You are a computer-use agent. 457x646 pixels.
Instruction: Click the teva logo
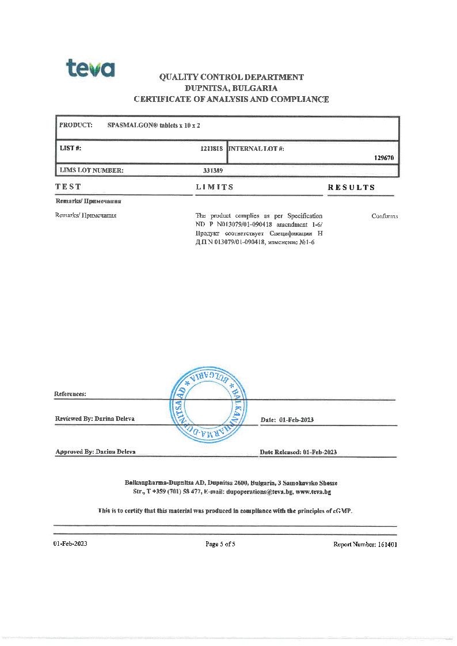click(x=90, y=68)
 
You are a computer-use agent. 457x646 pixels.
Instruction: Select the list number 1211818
click(x=211, y=149)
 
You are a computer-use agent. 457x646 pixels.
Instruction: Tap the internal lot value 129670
click(x=384, y=158)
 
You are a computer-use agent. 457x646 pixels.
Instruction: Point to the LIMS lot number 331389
click(x=213, y=170)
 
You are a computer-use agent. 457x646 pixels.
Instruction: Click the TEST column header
click(x=68, y=187)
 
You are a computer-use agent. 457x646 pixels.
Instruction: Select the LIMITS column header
click(x=215, y=187)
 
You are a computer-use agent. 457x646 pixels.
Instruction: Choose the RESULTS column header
click(x=351, y=187)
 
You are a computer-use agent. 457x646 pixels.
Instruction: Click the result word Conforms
click(x=384, y=216)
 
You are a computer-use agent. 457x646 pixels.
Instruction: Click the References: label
click(x=70, y=394)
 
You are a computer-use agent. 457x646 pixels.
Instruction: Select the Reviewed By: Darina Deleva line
click(x=95, y=419)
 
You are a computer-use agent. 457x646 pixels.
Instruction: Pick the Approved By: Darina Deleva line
click(x=96, y=452)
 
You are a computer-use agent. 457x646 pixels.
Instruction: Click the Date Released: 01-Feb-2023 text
click(x=298, y=452)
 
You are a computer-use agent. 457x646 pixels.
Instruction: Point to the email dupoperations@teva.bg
click(x=260, y=492)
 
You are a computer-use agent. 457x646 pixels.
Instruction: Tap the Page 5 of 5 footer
click(x=220, y=544)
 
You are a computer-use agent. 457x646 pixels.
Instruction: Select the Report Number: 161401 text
click(x=365, y=544)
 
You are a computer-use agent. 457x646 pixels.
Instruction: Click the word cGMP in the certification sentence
click(x=341, y=511)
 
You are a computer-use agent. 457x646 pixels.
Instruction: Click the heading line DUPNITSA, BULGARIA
click(x=231, y=88)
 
